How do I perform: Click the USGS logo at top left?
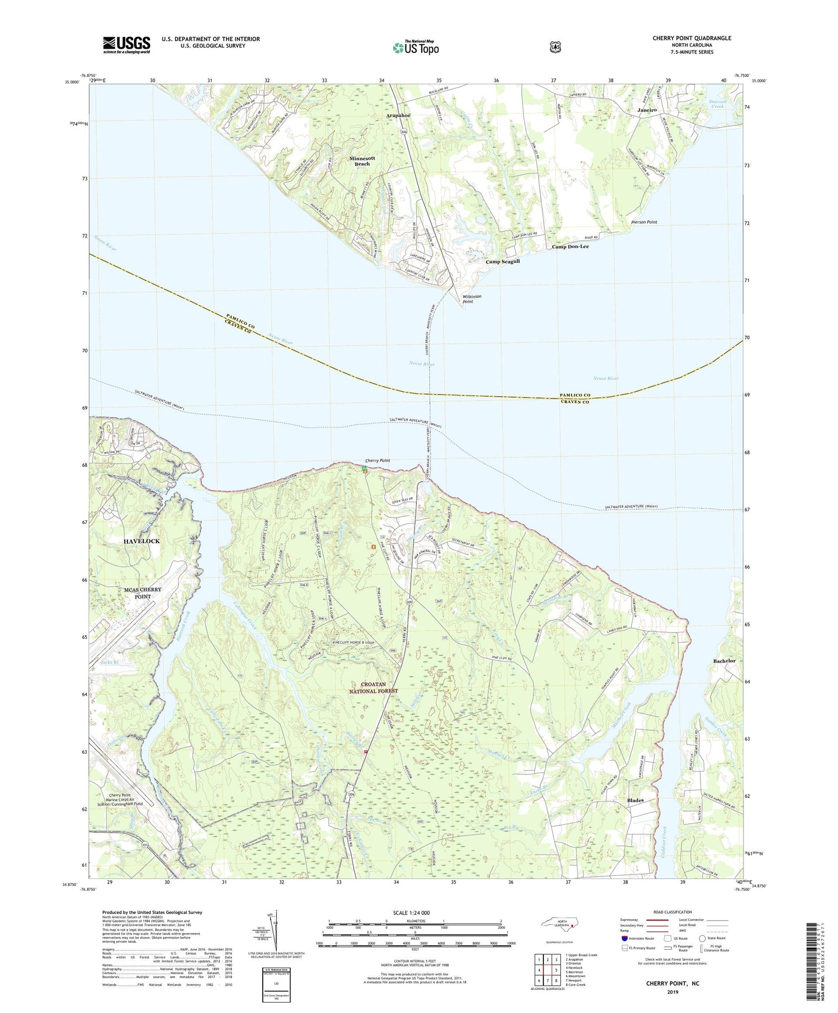coord(126,44)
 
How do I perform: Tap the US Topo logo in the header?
coord(415,48)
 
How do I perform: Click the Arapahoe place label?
coord(398,115)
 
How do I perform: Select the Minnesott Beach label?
coord(367,161)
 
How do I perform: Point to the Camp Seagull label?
coord(502,262)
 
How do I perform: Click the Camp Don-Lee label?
coord(569,247)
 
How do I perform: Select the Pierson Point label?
coord(644,222)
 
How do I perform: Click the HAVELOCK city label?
coord(142,541)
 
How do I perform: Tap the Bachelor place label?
coord(724,661)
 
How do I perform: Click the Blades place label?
coord(635,801)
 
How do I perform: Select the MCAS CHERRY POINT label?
coord(143,593)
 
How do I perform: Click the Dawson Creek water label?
coord(717,103)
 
